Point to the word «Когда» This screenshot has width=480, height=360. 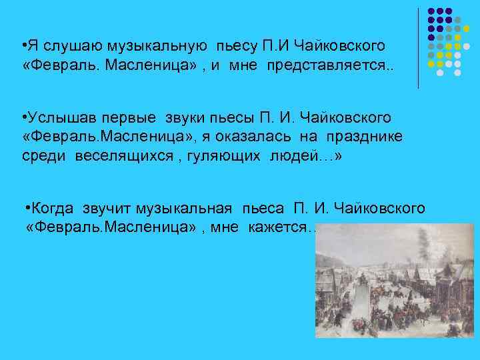pyautogui.click(x=52, y=209)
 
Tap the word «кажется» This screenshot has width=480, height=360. pyautogui.click(x=275, y=228)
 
